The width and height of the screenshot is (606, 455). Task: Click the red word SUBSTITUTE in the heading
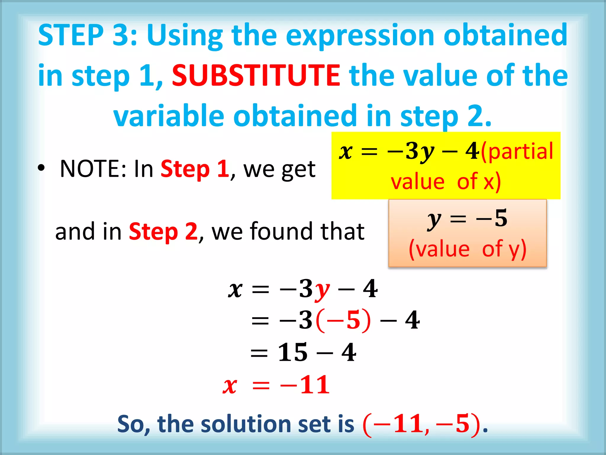(x=256, y=76)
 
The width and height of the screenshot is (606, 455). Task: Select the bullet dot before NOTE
(x=41, y=168)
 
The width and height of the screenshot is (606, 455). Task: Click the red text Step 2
(x=163, y=232)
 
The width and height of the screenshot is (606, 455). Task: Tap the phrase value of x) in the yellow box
(x=446, y=181)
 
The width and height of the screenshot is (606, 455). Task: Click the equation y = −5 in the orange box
(x=468, y=219)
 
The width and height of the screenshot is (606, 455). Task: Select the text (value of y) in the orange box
(x=468, y=249)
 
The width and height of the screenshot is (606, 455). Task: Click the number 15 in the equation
(x=293, y=353)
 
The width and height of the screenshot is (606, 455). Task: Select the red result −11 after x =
(x=305, y=385)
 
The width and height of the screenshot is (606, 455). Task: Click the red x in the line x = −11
(x=230, y=386)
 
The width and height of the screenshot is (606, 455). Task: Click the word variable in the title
(x=169, y=116)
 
